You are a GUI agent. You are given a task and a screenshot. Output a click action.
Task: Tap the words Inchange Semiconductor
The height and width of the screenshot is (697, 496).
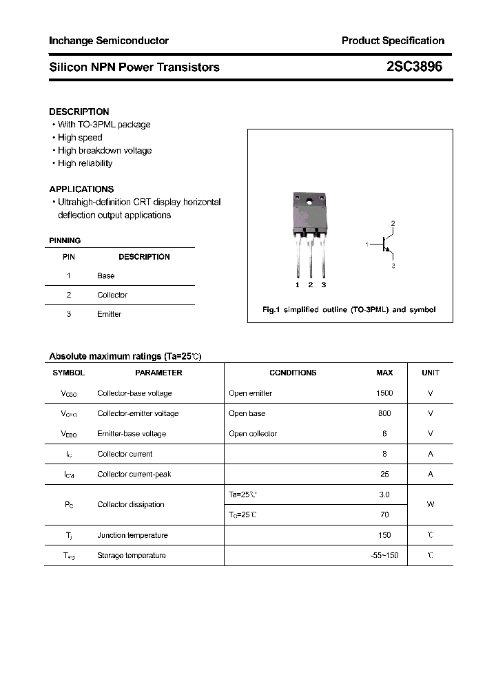[109, 41]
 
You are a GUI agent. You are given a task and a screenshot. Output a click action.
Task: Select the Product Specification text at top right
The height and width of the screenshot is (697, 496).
[393, 41]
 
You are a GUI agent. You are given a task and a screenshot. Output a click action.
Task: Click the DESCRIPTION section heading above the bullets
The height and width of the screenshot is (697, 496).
[79, 112]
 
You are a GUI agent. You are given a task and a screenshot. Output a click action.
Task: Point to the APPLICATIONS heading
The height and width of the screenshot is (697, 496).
[81, 189]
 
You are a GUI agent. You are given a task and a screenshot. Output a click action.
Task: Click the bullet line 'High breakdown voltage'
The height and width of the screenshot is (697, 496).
[105, 150]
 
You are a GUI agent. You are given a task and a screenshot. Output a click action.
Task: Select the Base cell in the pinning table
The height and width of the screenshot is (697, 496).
[106, 275]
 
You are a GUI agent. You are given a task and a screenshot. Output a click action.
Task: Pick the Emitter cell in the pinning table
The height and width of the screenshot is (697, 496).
[110, 314]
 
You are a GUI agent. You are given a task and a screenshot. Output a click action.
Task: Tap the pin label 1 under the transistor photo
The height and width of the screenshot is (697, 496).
[298, 284]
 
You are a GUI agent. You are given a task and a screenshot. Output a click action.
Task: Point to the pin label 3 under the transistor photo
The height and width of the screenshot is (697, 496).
[323, 284]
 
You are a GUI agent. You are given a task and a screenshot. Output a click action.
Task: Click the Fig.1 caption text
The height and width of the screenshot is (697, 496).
[349, 310]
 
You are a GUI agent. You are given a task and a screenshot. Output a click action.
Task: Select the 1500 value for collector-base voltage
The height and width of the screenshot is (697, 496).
[384, 393]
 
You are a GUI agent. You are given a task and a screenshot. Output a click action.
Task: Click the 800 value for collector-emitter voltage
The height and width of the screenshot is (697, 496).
[384, 413]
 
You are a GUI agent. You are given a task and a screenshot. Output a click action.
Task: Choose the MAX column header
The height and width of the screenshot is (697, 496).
[384, 373]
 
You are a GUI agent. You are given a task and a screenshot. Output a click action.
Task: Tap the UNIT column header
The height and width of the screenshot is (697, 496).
[431, 373]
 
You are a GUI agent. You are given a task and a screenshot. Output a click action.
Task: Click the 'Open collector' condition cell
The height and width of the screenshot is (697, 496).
[253, 434]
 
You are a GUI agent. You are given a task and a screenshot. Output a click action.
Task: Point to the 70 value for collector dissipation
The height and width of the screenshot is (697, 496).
[384, 514]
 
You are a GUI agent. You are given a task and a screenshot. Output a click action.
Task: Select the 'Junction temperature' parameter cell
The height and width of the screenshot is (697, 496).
[132, 535]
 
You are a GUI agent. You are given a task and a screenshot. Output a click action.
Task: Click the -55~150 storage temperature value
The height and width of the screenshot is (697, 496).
[384, 555]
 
